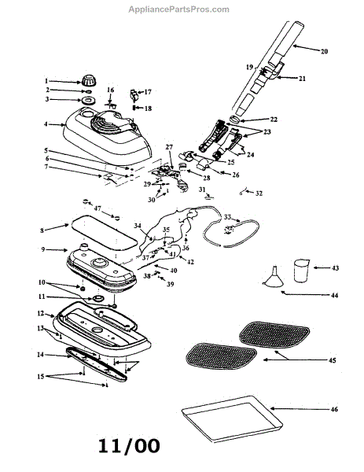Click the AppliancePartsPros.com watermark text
pos(178,9)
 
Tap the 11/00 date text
pos(129,446)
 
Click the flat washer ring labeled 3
pos(88,100)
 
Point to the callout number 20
pos(324,51)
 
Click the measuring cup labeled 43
pos(301,271)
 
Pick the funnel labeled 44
pos(274,276)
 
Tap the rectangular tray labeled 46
pos(232,419)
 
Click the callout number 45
pos(332,360)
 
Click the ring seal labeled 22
pos(234,120)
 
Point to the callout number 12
pos(41,313)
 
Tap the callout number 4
pos(46,124)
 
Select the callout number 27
pos(169,147)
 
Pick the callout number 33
pos(227,217)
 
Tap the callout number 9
pos(43,249)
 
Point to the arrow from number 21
pos(287,78)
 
